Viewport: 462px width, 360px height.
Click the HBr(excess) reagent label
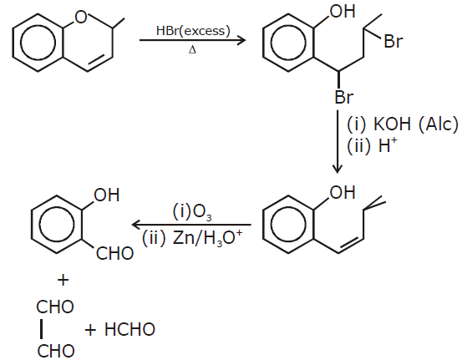[x=193, y=31]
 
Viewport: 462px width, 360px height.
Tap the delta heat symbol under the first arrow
[x=192, y=50]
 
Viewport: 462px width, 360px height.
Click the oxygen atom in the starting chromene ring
[x=81, y=17]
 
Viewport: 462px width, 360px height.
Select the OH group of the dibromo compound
[x=343, y=12]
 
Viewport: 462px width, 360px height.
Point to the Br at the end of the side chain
[x=393, y=41]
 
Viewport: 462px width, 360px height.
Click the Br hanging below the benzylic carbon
[x=344, y=97]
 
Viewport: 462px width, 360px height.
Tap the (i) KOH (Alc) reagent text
[x=403, y=124]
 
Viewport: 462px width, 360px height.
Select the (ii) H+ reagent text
[x=372, y=145]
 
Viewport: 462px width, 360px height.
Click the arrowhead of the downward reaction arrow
[x=338, y=169]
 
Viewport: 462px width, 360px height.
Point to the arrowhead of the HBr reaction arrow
[x=241, y=40]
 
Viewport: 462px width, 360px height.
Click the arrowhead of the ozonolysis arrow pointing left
[x=136, y=225]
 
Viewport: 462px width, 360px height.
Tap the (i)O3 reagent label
[x=192, y=212]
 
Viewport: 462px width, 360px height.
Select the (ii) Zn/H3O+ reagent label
[x=192, y=238]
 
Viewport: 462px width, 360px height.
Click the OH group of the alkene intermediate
[x=343, y=192]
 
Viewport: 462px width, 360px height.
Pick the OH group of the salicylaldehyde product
[x=106, y=195]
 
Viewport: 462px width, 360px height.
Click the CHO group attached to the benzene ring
[x=115, y=253]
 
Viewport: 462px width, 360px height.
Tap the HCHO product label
[x=129, y=329]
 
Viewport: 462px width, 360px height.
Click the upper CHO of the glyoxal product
[x=55, y=307]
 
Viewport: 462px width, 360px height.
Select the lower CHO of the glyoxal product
[x=56, y=351]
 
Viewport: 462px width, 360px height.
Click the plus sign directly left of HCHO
[x=90, y=330]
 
